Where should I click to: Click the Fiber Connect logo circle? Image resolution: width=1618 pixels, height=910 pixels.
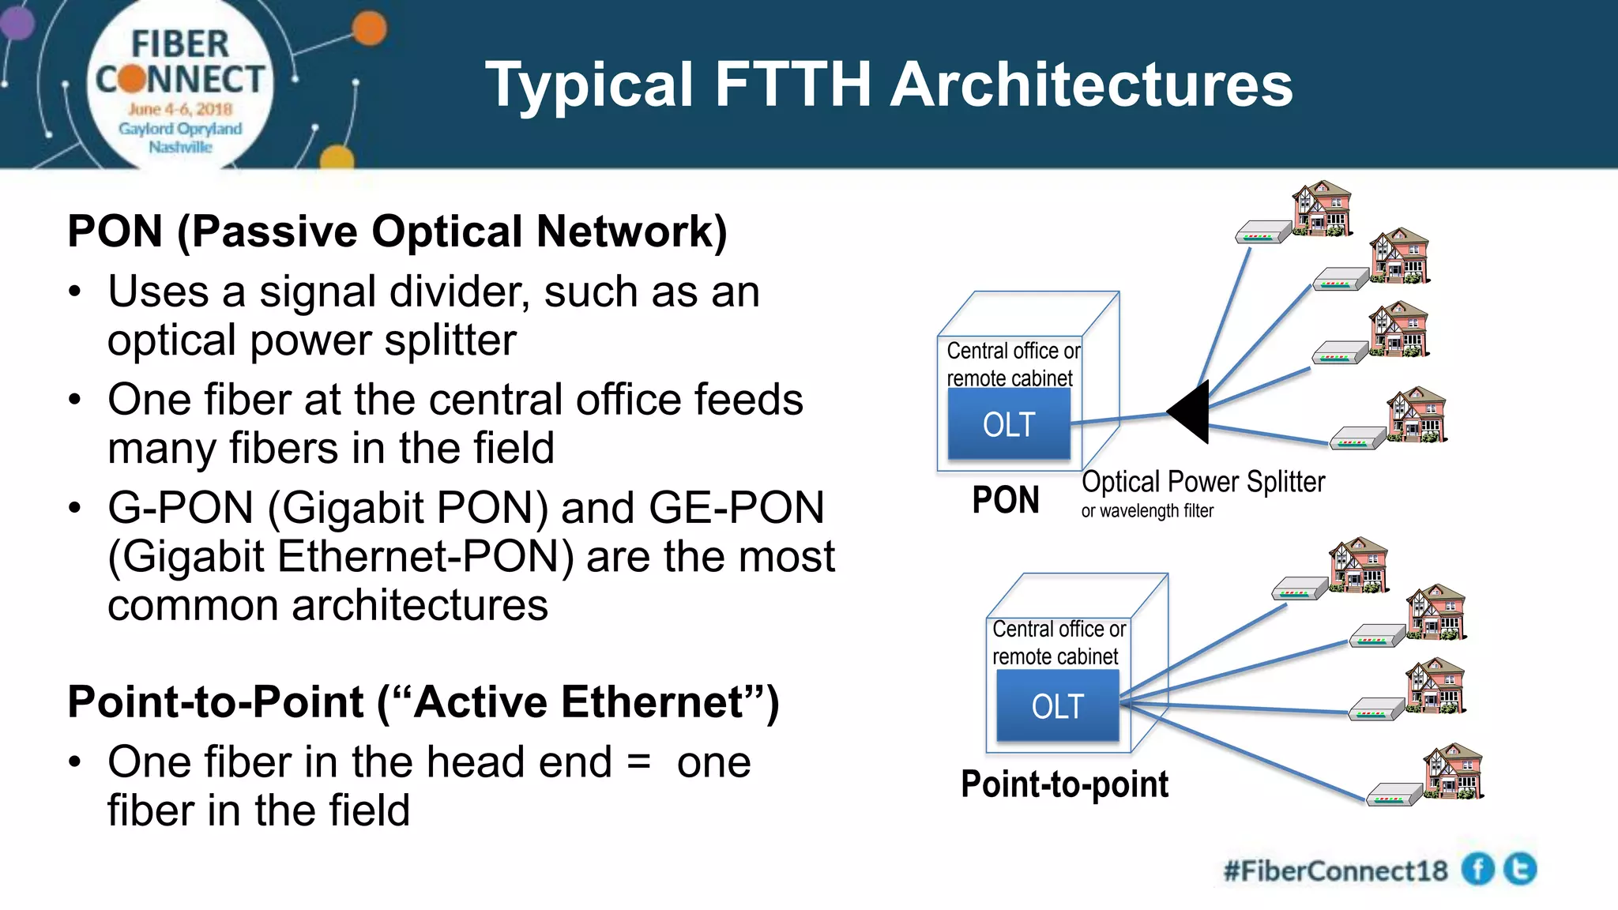[180, 87]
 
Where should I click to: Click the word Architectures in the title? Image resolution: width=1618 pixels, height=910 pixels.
[1092, 85]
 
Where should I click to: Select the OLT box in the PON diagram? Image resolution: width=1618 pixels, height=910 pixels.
[1009, 425]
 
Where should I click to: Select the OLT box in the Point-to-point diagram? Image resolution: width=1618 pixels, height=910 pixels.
[1057, 706]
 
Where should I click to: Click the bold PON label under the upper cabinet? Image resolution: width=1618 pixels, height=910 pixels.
[1005, 500]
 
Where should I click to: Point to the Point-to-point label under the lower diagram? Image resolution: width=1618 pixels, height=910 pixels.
[1064, 784]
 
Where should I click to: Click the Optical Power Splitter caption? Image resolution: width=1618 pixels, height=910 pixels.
[1202, 482]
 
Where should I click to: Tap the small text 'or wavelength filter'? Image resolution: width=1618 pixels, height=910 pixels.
[1147, 511]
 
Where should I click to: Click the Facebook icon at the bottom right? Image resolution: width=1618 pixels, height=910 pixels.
[1477, 870]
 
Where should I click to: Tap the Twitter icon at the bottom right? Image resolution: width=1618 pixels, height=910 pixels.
[1520, 869]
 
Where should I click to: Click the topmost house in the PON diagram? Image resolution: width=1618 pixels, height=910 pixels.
[1322, 209]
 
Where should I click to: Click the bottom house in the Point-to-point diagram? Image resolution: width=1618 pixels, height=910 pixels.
[1454, 772]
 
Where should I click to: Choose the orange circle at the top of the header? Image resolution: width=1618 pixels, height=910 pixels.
[369, 30]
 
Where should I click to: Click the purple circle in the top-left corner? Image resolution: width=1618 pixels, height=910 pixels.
[16, 21]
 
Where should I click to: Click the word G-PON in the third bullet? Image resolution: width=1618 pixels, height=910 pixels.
[181, 508]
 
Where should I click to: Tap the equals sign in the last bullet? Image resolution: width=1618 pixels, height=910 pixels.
[638, 762]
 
